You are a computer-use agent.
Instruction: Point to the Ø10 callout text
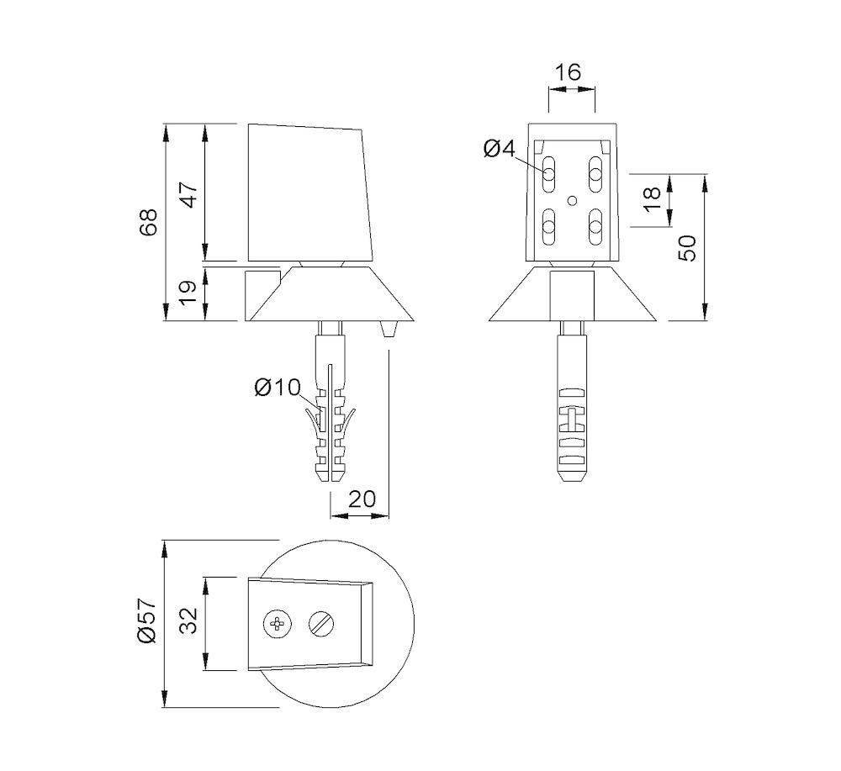click(277, 388)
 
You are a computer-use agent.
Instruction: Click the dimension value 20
click(361, 499)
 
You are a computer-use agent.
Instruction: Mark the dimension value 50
click(687, 248)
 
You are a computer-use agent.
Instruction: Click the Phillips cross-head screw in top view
click(276, 624)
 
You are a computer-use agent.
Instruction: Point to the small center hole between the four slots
click(572, 200)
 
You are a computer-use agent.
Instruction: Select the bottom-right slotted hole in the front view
click(595, 224)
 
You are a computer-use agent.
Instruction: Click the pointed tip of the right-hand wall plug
click(572, 481)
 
